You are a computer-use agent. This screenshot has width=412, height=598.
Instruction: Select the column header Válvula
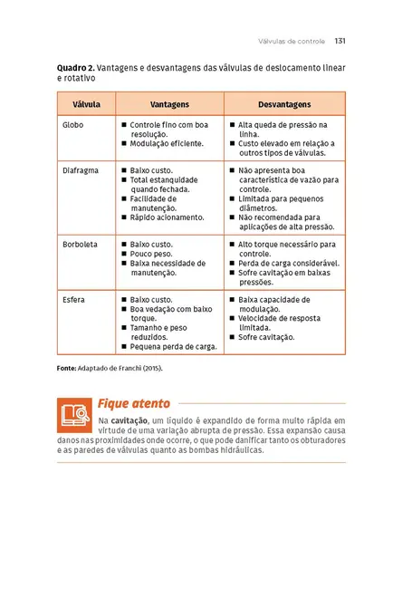[x=86, y=104]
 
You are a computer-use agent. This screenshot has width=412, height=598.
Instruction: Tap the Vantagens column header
[x=169, y=104]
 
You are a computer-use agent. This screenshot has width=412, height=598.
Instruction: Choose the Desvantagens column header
[x=283, y=104]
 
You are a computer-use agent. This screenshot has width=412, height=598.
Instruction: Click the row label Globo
[x=73, y=125]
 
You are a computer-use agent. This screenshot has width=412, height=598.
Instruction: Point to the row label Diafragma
[x=81, y=169]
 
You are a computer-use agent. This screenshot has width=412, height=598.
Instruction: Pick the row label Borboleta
[x=81, y=245]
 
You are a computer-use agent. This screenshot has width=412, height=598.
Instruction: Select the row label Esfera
[x=75, y=299]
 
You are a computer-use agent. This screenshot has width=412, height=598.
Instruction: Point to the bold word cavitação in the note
[x=132, y=421]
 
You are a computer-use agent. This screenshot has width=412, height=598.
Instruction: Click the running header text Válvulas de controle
[x=292, y=41]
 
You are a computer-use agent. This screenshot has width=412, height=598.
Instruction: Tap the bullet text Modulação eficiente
[x=168, y=143]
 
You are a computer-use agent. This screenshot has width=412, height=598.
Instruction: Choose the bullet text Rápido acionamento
[x=168, y=217]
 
